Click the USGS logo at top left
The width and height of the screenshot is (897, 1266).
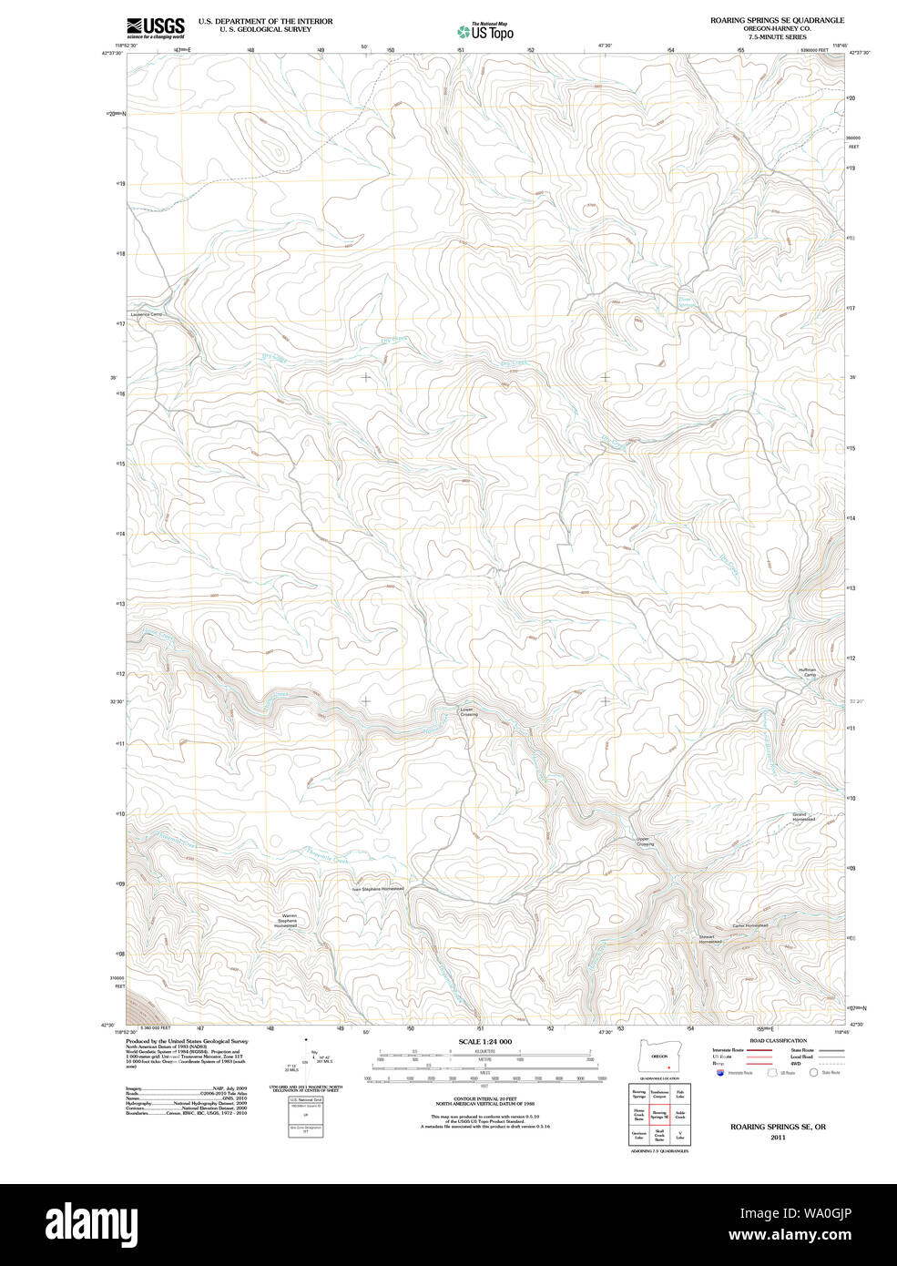(x=155, y=26)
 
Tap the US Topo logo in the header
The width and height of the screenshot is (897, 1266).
(x=484, y=32)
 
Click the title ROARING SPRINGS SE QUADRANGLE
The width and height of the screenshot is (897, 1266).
(x=777, y=20)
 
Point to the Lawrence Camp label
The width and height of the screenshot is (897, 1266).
(x=146, y=315)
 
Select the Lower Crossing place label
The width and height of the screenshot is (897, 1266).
(x=467, y=712)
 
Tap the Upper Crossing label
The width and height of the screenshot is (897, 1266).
(x=645, y=842)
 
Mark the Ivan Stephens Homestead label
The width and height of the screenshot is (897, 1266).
(x=377, y=889)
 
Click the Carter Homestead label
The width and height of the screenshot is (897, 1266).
(x=750, y=926)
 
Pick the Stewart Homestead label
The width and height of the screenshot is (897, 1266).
(x=710, y=939)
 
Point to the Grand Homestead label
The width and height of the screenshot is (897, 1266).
(x=803, y=816)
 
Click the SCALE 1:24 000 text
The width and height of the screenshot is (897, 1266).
(x=484, y=1041)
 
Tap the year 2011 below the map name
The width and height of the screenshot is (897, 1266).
(x=777, y=1137)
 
